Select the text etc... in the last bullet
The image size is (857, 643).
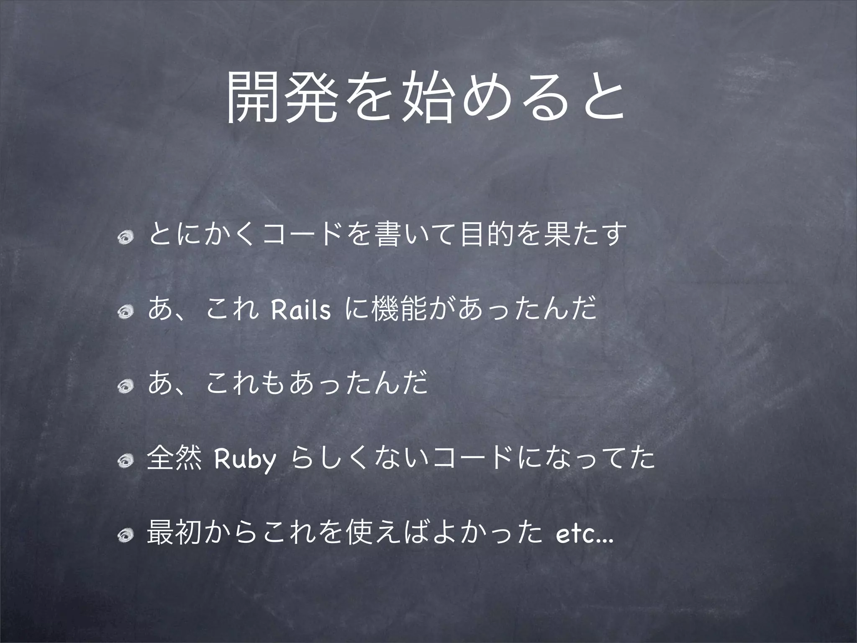[584, 537]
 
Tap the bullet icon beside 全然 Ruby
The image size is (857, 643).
[125, 461]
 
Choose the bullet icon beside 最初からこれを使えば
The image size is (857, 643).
[125, 536]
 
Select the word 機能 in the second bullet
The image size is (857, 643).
[397, 311]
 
